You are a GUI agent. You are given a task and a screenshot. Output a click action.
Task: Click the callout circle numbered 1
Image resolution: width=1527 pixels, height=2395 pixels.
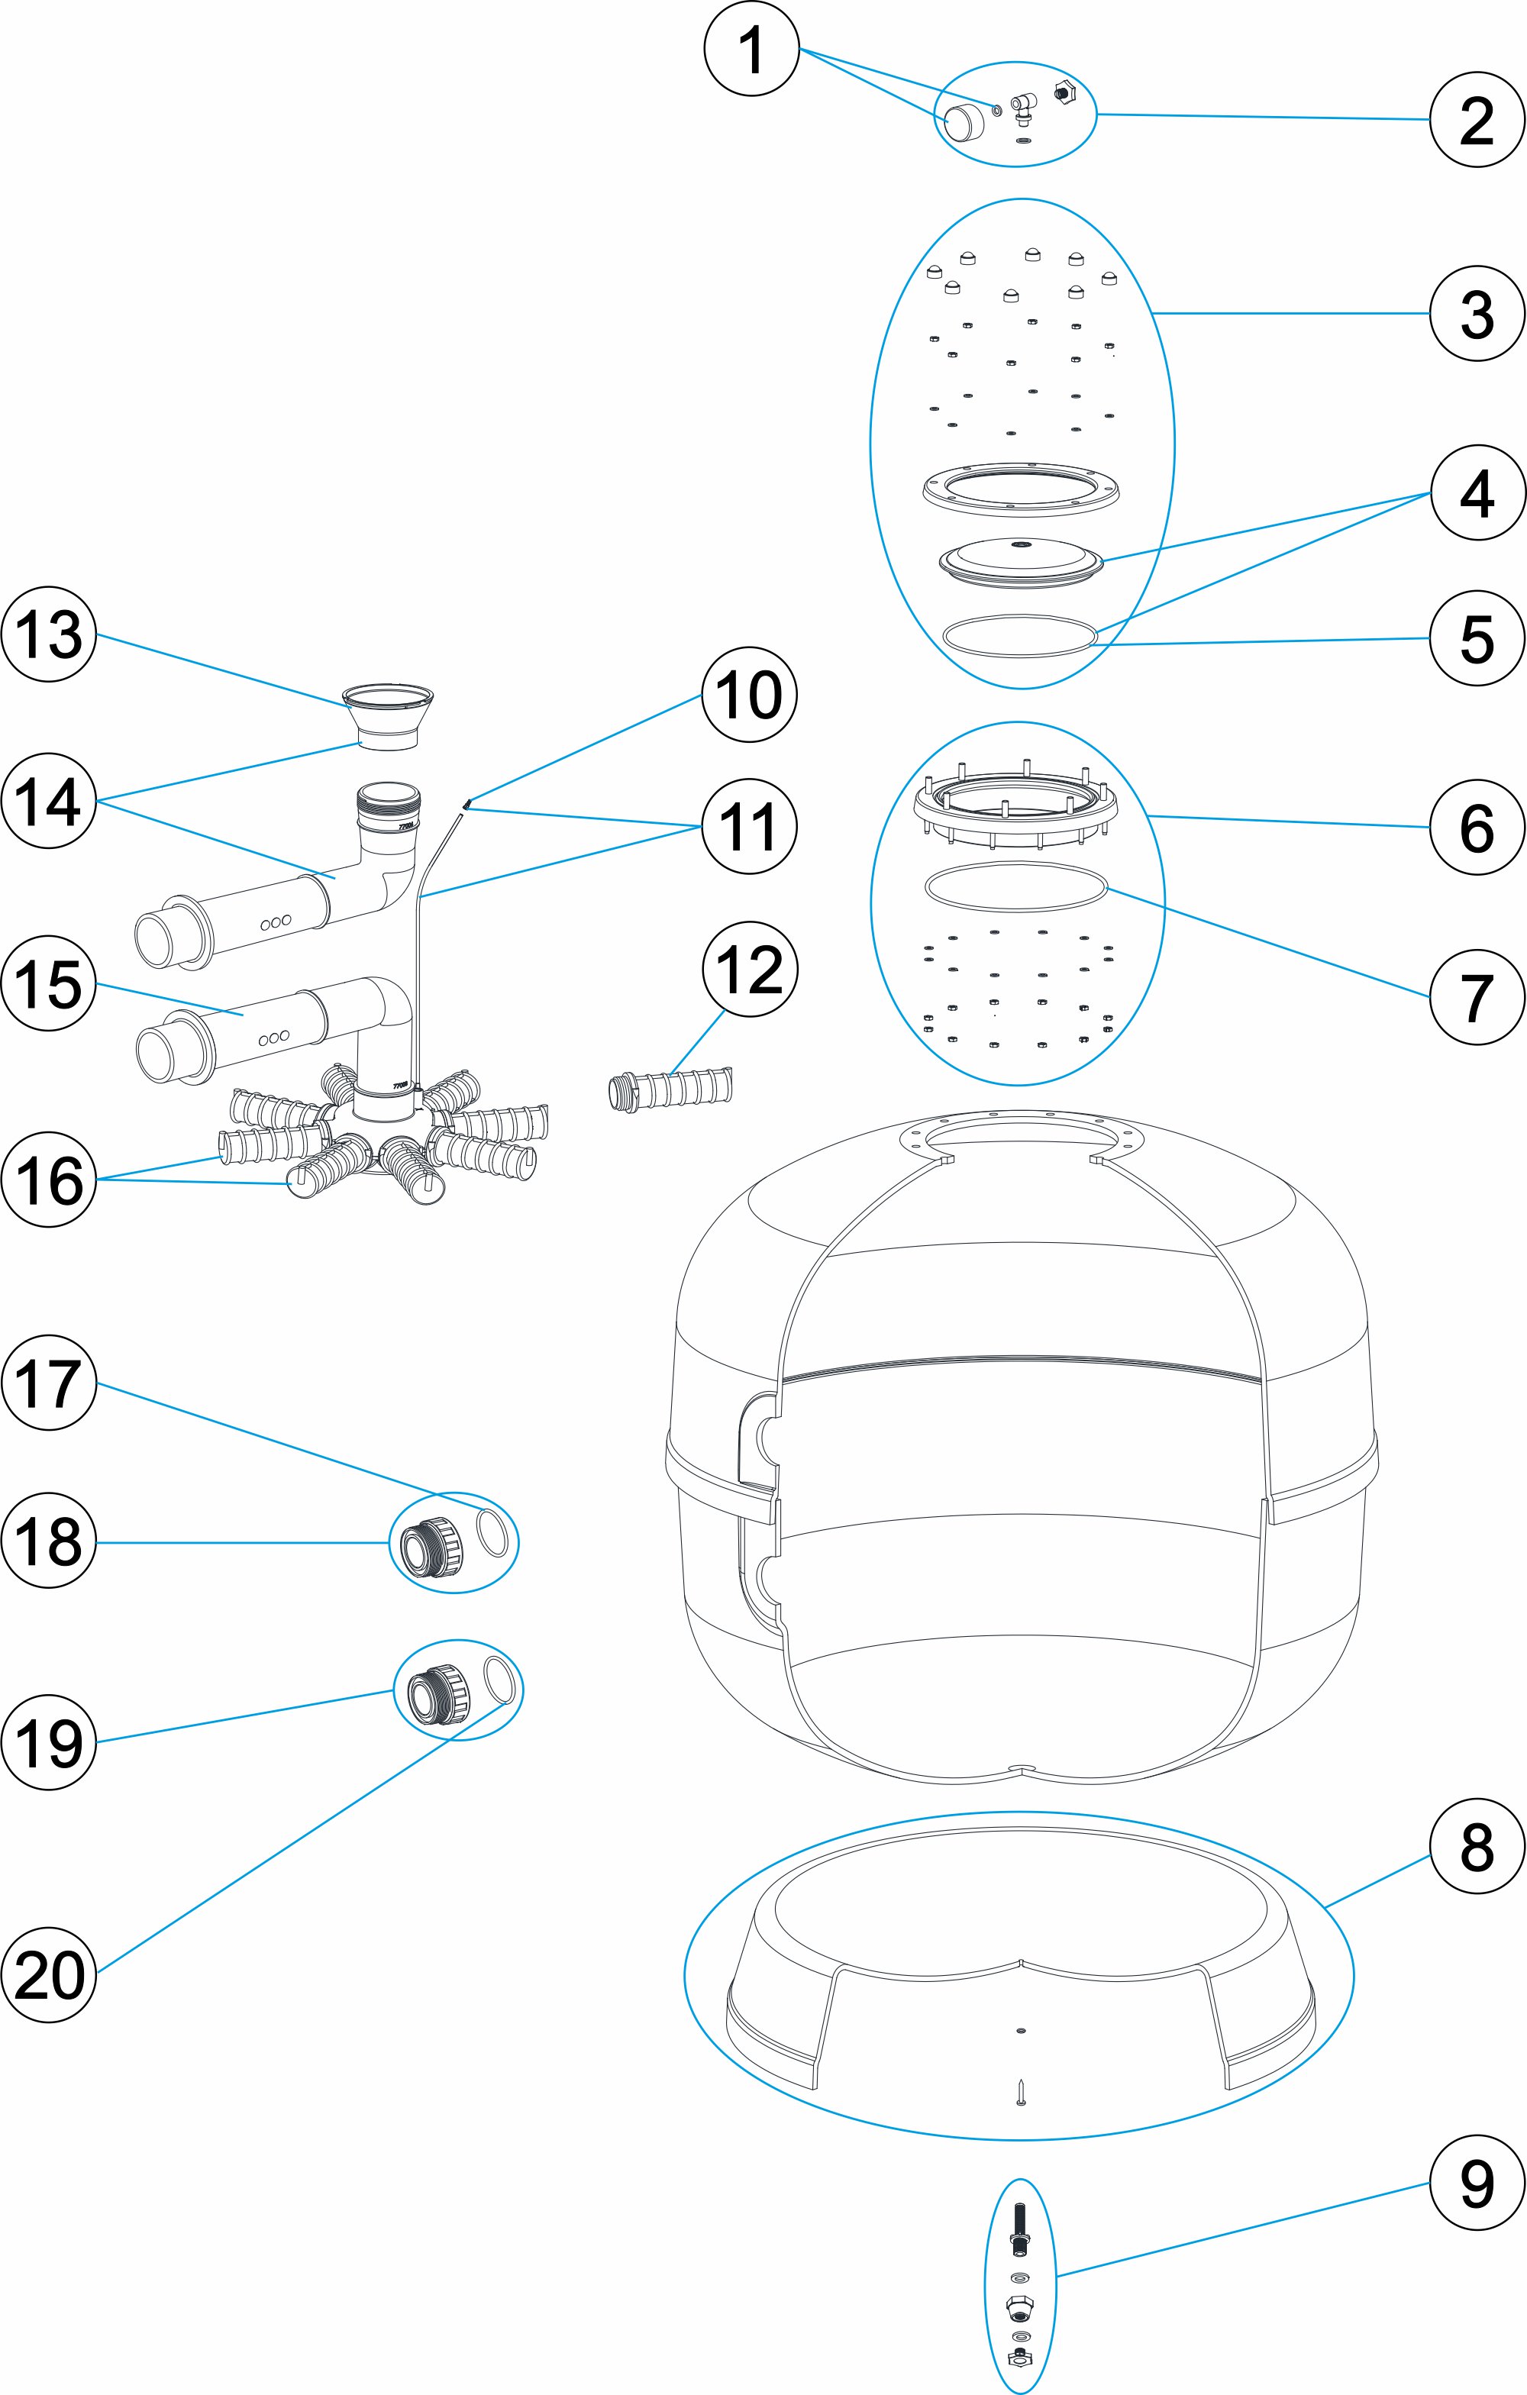pos(751,49)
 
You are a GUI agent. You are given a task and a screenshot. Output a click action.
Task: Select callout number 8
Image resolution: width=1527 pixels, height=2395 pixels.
pos(1477,1847)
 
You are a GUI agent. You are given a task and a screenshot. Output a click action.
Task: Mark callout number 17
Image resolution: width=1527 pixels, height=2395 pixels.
pos(49,1383)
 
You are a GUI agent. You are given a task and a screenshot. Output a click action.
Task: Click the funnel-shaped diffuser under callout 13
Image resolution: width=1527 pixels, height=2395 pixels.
pos(388,717)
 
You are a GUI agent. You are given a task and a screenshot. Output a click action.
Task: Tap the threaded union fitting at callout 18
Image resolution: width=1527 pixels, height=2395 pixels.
pos(433,1543)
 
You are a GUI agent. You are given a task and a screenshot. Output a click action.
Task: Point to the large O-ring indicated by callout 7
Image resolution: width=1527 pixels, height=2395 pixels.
pos(1015,887)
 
